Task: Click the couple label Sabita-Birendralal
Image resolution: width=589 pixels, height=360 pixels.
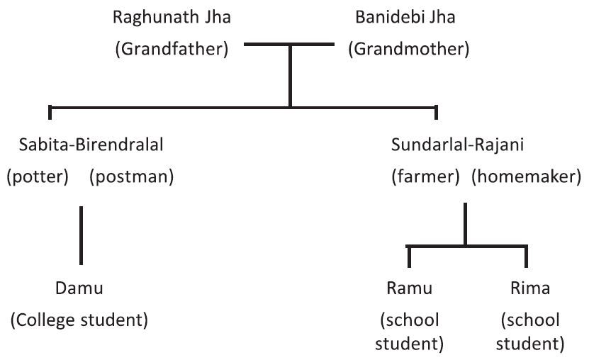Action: click(x=93, y=145)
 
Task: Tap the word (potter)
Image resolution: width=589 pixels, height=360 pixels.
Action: click(x=38, y=176)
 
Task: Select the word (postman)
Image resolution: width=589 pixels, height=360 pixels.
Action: click(x=131, y=176)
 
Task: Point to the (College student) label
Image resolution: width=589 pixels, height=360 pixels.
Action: click(x=79, y=320)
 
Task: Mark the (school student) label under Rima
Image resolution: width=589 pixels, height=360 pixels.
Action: click(x=530, y=332)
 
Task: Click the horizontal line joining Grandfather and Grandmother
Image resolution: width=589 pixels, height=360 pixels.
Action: click(x=289, y=44)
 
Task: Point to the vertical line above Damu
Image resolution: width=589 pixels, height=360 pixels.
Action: click(x=81, y=233)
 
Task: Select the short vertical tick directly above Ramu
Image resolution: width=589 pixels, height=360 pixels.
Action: click(x=409, y=256)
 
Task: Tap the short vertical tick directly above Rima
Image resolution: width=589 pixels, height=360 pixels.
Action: click(x=526, y=256)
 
